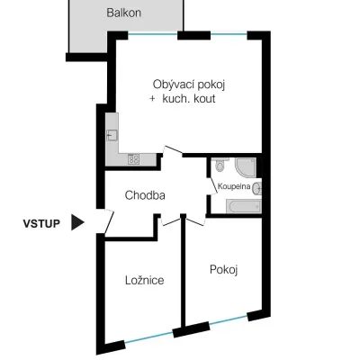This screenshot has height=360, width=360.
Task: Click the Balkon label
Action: click(x=123, y=13)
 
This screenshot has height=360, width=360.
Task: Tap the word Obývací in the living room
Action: click(x=171, y=85)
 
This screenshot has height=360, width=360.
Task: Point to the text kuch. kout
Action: click(x=189, y=99)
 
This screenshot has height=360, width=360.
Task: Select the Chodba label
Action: click(x=145, y=195)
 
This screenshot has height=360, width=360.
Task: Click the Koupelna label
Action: click(x=234, y=186)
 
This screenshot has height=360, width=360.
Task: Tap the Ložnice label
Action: click(x=144, y=280)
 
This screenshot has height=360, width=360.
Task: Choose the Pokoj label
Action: click(x=224, y=269)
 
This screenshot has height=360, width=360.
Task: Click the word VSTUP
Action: click(x=41, y=223)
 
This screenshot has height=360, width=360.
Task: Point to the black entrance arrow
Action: click(x=77, y=222)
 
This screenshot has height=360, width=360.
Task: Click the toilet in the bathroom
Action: click(x=220, y=165)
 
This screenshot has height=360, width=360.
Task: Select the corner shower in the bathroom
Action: click(x=246, y=167)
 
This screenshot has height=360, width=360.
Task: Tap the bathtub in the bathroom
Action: click(x=244, y=206)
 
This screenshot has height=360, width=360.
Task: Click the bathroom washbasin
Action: click(x=256, y=189)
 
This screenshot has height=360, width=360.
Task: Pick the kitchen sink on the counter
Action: click(x=112, y=135)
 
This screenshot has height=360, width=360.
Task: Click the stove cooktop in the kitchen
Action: click(x=133, y=159)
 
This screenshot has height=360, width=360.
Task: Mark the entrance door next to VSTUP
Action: click(x=109, y=221)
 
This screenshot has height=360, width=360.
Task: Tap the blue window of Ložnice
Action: click(x=148, y=337)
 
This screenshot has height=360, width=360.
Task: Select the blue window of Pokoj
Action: click(x=229, y=319)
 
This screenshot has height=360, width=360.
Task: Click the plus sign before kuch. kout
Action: click(x=152, y=99)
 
